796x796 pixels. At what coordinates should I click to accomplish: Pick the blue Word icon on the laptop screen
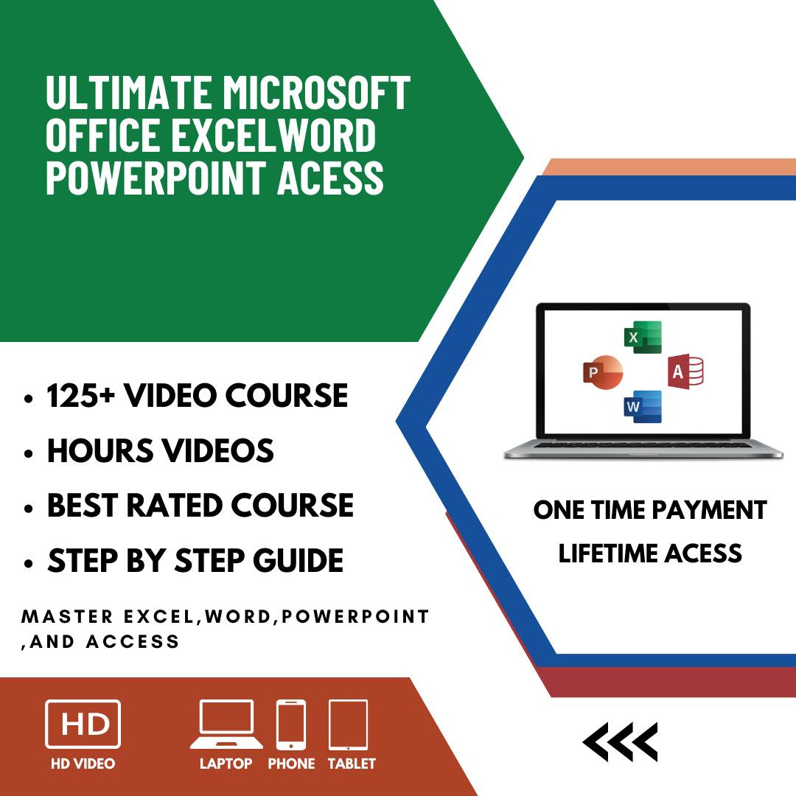point(643,406)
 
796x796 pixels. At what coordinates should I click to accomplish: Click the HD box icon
point(83,725)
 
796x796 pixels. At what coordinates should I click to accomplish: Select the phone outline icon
point(291,725)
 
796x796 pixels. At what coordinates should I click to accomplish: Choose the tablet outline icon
point(348,725)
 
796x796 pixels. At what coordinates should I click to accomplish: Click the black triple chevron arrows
point(620,741)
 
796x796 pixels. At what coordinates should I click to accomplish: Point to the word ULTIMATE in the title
point(128,94)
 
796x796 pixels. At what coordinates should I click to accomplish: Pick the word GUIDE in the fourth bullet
point(298,561)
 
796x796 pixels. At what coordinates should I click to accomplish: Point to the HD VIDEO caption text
point(83,764)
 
